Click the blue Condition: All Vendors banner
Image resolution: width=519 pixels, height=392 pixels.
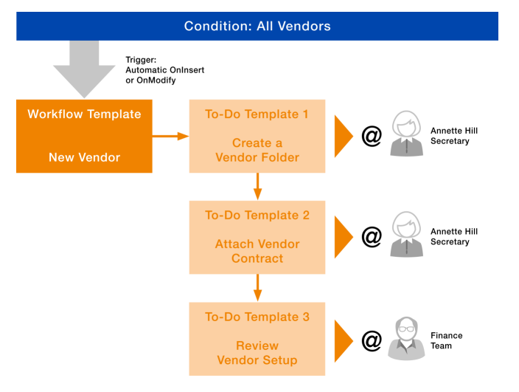coord(257,26)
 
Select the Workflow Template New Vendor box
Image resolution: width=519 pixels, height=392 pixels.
coord(84,136)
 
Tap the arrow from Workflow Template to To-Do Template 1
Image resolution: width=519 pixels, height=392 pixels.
coord(170,136)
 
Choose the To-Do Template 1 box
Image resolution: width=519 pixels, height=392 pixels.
coord(257,136)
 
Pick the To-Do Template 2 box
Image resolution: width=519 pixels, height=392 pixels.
coord(257,237)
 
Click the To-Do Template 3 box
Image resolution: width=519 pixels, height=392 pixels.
coord(257,338)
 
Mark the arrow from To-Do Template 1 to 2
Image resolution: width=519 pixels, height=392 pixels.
coord(257,186)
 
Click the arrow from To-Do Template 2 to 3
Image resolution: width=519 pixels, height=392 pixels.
coord(257,287)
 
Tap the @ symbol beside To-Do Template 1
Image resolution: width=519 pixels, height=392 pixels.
coord(372,136)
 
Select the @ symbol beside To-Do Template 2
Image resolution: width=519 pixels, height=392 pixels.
coord(372,237)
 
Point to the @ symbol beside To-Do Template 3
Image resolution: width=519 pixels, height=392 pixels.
coord(372,340)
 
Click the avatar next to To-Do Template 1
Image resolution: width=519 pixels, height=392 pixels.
coord(406,134)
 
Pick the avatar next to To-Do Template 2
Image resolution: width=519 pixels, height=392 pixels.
coord(406,235)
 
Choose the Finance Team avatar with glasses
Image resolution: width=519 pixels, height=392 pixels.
coord(406,339)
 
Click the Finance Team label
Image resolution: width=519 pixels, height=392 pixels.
coord(446,340)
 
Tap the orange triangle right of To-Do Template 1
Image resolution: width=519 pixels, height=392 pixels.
coord(344,136)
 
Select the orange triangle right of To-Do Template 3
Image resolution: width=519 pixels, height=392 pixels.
coord(344,340)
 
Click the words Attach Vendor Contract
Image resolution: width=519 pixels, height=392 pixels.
coord(257,251)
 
